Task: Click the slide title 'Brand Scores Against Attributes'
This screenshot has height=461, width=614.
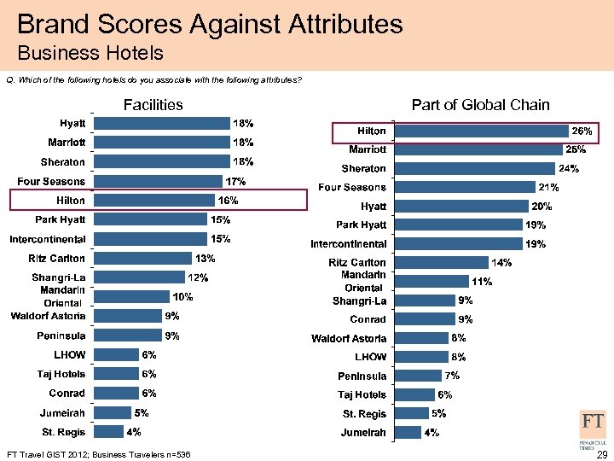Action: coord(210,23)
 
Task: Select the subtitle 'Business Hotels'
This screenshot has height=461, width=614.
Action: coord(90,54)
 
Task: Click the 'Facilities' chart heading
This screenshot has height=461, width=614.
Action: coord(153,105)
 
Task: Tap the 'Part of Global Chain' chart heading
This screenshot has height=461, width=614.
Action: coord(480,105)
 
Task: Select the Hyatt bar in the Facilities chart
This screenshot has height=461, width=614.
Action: coord(162,123)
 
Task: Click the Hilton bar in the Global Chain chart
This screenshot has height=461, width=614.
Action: coord(483,131)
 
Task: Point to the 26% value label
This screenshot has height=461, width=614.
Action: coord(582,131)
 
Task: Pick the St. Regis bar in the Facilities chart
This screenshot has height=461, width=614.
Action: coord(108,432)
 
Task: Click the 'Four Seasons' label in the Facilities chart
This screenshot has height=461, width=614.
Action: coord(51,181)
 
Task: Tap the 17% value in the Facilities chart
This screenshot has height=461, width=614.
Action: coord(235,181)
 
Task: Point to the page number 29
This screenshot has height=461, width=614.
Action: coord(602,454)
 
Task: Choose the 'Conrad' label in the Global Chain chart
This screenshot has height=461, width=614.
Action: coord(368,319)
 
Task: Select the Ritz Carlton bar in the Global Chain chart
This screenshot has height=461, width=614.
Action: coord(440,263)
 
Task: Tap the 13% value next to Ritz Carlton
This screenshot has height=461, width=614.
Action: coord(205,258)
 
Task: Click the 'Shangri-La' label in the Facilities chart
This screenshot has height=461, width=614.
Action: coord(59,277)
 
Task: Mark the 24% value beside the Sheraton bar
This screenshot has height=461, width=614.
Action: coord(568,168)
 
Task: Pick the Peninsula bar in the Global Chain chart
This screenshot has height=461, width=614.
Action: coord(418,376)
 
